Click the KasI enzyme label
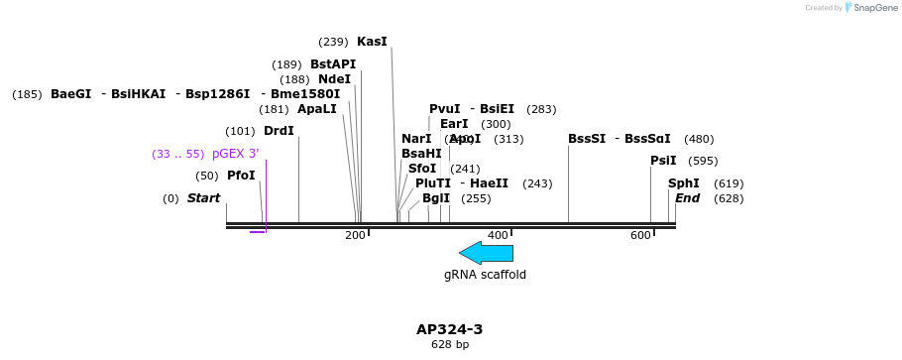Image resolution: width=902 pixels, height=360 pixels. [x=372, y=42]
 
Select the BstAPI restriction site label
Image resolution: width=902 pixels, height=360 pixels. [x=333, y=64]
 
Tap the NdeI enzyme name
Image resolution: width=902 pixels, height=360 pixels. [x=334, y=79]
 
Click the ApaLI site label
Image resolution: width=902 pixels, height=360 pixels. [x=317, y=109]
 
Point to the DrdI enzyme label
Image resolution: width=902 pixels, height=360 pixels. [x=279, y=131]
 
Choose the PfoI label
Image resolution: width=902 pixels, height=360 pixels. [x=241, y=176]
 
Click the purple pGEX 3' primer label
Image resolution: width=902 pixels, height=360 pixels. [x=235, y=154]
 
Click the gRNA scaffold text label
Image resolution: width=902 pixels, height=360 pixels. [x=485, y=275]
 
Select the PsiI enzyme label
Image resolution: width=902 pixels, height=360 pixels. [x=663, y=161]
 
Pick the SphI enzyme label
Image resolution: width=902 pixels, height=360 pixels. [x=683, y=183]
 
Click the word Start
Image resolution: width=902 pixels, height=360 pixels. [x=203, y=198]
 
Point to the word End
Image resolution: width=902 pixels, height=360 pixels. [x=687, y=198]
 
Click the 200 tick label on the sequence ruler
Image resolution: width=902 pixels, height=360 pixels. [x=355, y=235]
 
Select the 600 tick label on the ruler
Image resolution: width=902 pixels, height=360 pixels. [x=640, y=235]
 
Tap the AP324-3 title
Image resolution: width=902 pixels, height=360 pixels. [x=449, y=329]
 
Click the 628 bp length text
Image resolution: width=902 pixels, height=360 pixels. [x=449, y=345]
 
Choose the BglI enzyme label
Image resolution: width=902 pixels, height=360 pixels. [x=436, y=198]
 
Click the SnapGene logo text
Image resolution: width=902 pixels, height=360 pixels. [x=872, y=8]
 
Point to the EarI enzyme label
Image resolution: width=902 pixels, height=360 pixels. [x=454, y=124]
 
